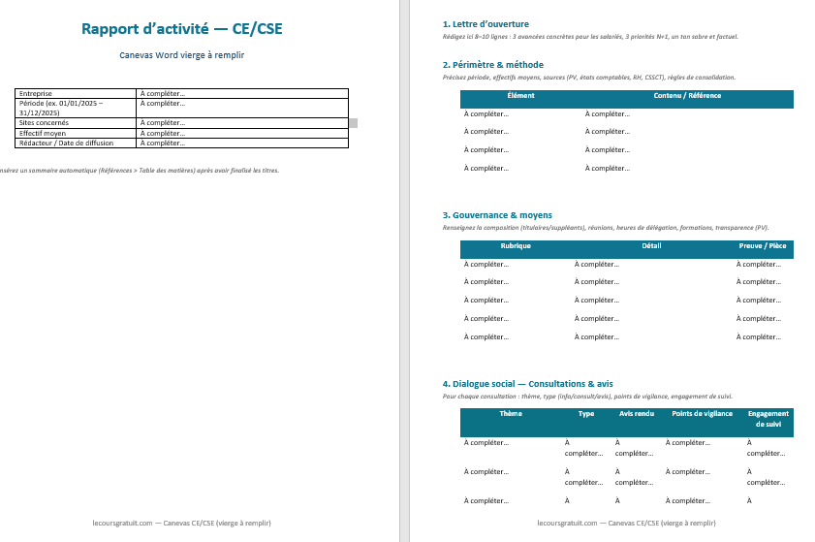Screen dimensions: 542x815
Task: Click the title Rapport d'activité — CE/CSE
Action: pyautogui.click(x=182, y=29)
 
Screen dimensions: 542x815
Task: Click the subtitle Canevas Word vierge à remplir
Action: pyautogui.click(x=182, y=55)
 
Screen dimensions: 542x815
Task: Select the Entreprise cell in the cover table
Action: pyautogui.click(x=36, y=93)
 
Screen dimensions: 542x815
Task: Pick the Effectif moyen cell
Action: pyautogui.click(x=43, y=133)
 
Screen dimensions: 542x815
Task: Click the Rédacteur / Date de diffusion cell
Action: pyautogui.click(x=66, y=143)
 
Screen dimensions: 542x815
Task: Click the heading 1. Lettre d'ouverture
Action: pyautogui.click(x=485, y=24)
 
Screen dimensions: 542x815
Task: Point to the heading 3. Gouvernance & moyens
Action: pyautogui.click(x=497, y=215)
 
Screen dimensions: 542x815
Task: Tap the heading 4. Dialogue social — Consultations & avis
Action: pyautogui.click(x=527, y=384)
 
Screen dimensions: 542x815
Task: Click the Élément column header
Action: pyautogui.click(x=520, y=96)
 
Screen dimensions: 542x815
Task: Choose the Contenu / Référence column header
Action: pyautogui.click(x=687, y=96)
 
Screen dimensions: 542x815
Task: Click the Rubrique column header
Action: pyautogui.click(x=516, y=246)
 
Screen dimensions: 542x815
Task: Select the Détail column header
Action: pyautogui.click(x=651, y=246)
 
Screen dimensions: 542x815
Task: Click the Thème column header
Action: pyautogui.click(x=511, y=414)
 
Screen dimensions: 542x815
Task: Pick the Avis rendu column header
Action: pyautogui.click(x=636, y=414)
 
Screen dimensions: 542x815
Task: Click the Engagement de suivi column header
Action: pyautogui.click(x=768, y=419)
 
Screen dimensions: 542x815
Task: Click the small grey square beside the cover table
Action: pyautogui.click(x=353, y=123)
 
